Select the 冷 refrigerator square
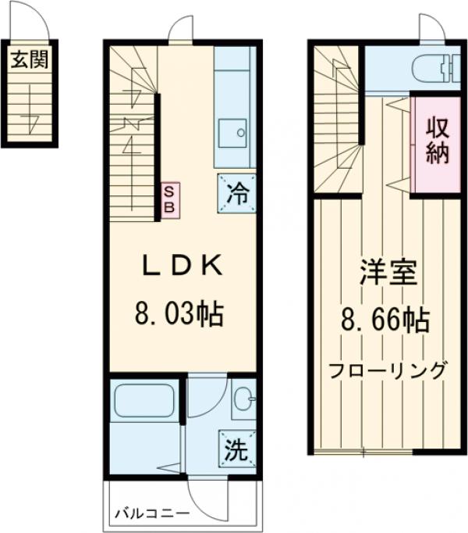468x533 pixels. tap(235, 191)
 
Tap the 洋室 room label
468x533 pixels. tap(388, 273)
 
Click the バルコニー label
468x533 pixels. tap(151, 514)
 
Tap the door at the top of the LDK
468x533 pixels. tap(180, 30)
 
